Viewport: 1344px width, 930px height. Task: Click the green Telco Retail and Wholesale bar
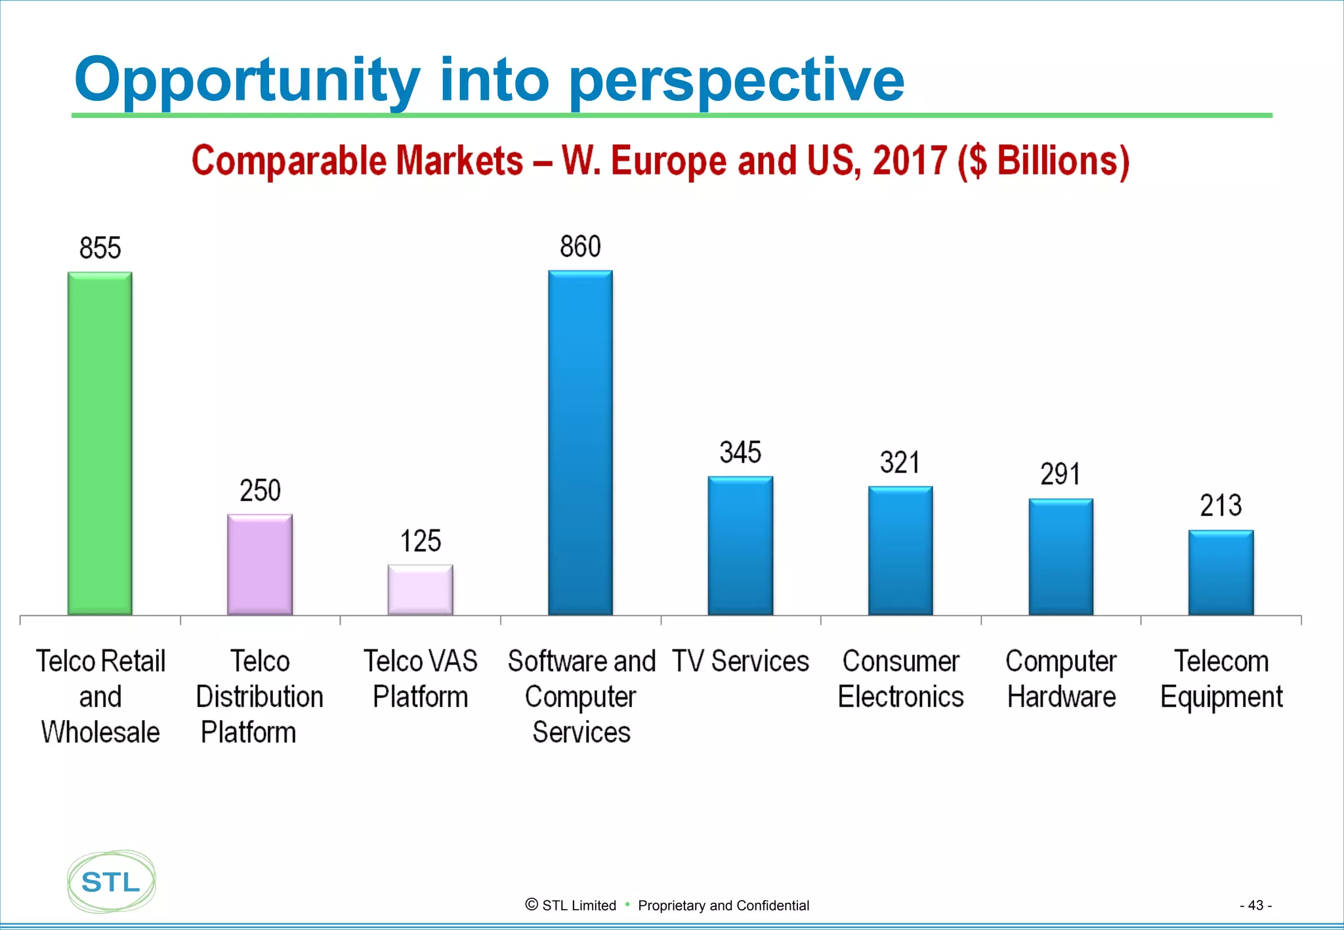point(100,443)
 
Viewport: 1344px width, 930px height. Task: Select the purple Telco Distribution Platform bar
point(260,565)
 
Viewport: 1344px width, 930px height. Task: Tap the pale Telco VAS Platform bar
point(420,590)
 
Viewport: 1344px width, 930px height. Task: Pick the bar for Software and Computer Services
point(580,443)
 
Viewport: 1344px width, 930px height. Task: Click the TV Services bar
point(740,546)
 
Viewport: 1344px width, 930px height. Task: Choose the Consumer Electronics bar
point(900,550)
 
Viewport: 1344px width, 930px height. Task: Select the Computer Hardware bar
point(1060,557)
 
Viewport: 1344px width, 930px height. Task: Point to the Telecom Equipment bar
point(1221,573)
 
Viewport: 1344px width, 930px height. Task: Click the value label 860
point(580,247)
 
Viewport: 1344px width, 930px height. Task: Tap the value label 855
point(100,249)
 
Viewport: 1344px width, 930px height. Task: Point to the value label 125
point(420,542)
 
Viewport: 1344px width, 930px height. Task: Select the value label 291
point(1060,474)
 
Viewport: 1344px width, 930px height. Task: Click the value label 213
point(1221,506)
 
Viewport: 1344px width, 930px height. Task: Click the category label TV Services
point(740,661)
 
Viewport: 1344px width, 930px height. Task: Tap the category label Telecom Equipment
point(1221,679)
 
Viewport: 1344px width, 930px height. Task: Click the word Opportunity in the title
point(247,80)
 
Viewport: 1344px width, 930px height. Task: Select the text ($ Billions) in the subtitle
point(1043,161)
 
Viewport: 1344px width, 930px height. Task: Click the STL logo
point(111,881)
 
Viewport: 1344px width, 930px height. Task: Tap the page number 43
point(1255,905)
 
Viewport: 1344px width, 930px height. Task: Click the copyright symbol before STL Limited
point(532,904)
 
